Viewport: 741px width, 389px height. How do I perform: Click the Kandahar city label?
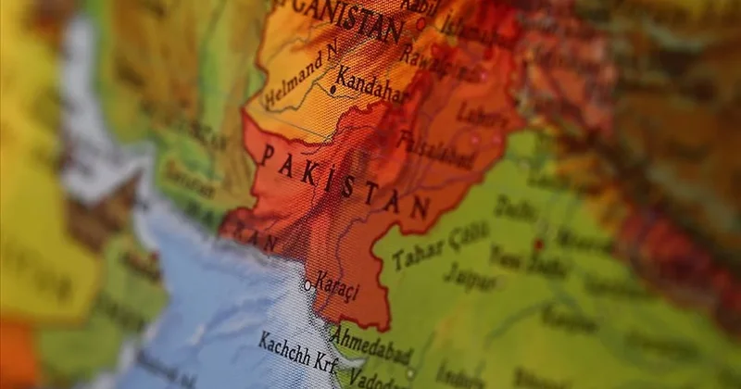(373, 85)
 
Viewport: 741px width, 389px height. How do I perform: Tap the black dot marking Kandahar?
(332, 90)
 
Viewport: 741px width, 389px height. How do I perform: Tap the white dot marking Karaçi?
(308, 285)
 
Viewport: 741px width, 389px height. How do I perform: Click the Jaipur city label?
(469, 275)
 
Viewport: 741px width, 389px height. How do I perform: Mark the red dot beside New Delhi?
(538, 245)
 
